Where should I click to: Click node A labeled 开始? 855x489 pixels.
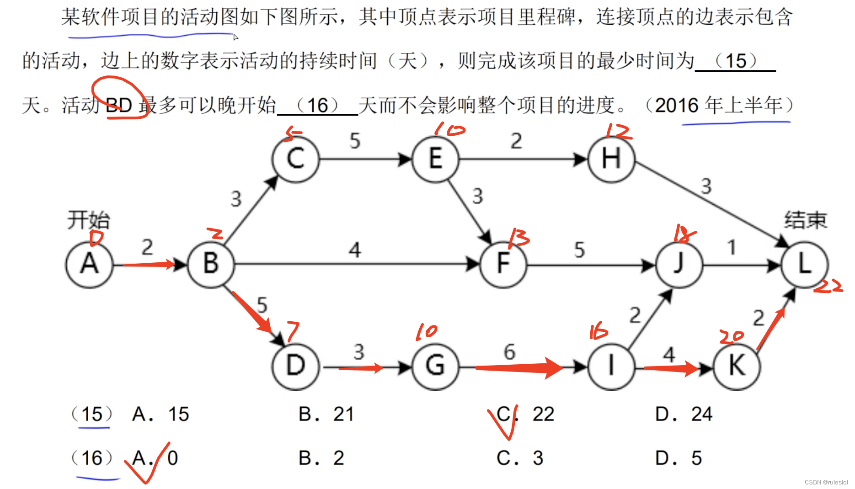coord(89,264)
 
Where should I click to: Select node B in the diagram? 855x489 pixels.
coord(211,264)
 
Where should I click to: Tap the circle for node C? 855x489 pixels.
coord(295,159)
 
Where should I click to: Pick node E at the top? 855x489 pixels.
coord(435,159)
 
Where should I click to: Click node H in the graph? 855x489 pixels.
coord(611,159)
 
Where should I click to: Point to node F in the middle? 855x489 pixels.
coord(503,264)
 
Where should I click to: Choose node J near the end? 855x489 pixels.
coord(679,264)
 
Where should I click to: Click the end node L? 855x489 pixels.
coord(805,264)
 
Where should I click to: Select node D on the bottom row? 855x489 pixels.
coord(295,366)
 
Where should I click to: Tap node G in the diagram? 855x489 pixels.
coord(435,366)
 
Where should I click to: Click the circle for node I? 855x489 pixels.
coord(611,366)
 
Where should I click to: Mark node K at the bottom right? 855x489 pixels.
coord(737,366)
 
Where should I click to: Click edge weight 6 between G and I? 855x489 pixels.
coord(510,352)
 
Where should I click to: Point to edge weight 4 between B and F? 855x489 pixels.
coord(355,250)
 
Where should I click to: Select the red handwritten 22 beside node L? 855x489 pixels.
coord(828,287)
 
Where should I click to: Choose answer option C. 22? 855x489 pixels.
coord(525,415)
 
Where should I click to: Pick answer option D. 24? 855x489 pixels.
coord(684,415)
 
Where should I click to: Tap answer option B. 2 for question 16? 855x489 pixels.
coord(321,458)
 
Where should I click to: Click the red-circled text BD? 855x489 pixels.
coord(119,105)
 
